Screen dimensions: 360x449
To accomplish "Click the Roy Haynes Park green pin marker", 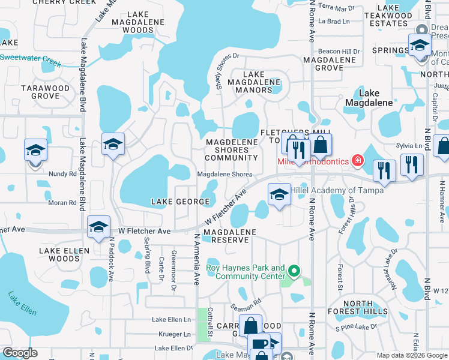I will [294, 272].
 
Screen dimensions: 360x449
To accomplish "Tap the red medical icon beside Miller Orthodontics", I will [358, 161].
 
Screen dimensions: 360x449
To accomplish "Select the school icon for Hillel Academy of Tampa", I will [279, 195].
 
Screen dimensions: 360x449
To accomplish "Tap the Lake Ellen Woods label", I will [59, 254].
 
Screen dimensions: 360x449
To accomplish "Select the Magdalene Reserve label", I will [230, 236].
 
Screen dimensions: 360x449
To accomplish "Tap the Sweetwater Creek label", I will [30, 59].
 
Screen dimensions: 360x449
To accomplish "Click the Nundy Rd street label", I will [63, 173].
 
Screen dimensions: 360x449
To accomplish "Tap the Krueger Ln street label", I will [171, 334].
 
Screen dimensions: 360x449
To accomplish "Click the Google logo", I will [20, 353].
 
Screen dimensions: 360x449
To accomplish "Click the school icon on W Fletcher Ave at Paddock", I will [98, 227].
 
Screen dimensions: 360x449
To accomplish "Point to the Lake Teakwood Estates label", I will [390, 16].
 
